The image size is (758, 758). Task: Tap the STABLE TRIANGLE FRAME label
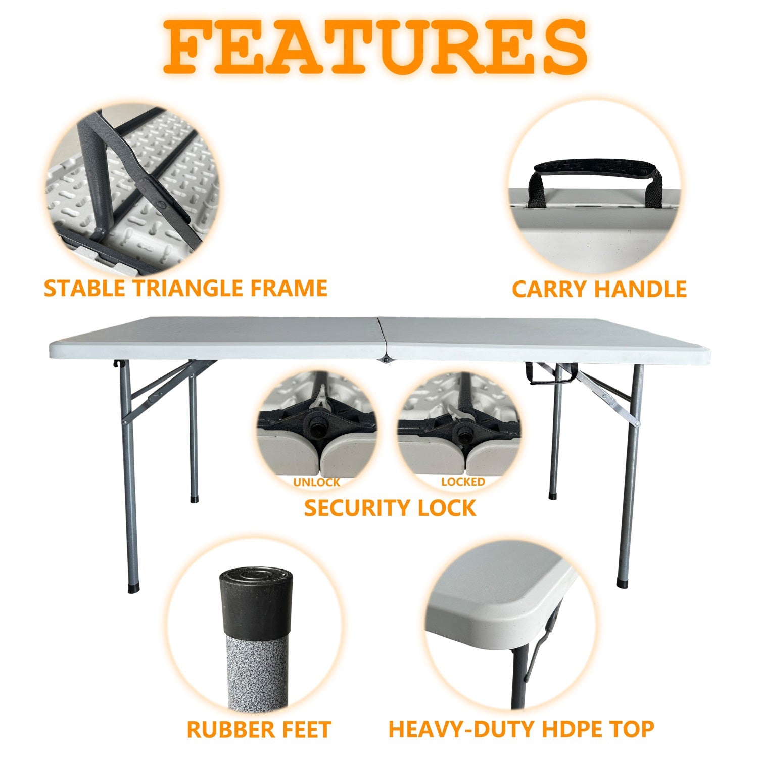[x=185, y=288]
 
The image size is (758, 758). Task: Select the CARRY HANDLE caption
[x=599, y=289]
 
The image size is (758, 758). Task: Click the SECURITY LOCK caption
[x=390, y=508]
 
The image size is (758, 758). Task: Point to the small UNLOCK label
[x=316, y=482]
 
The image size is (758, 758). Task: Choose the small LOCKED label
[x=463, y=482]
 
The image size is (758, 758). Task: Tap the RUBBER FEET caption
[x=258, y=730]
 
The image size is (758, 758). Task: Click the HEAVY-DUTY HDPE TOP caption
[x=521, y=729]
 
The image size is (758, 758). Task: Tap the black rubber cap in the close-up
[x=256, y=601]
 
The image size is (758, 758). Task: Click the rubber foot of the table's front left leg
[x=133, y=589]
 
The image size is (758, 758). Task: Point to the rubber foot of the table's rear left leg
[x=194, y=499]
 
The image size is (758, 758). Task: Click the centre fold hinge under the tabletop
[x=387, y=359]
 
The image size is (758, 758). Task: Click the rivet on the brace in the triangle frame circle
[x=161, y=204]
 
